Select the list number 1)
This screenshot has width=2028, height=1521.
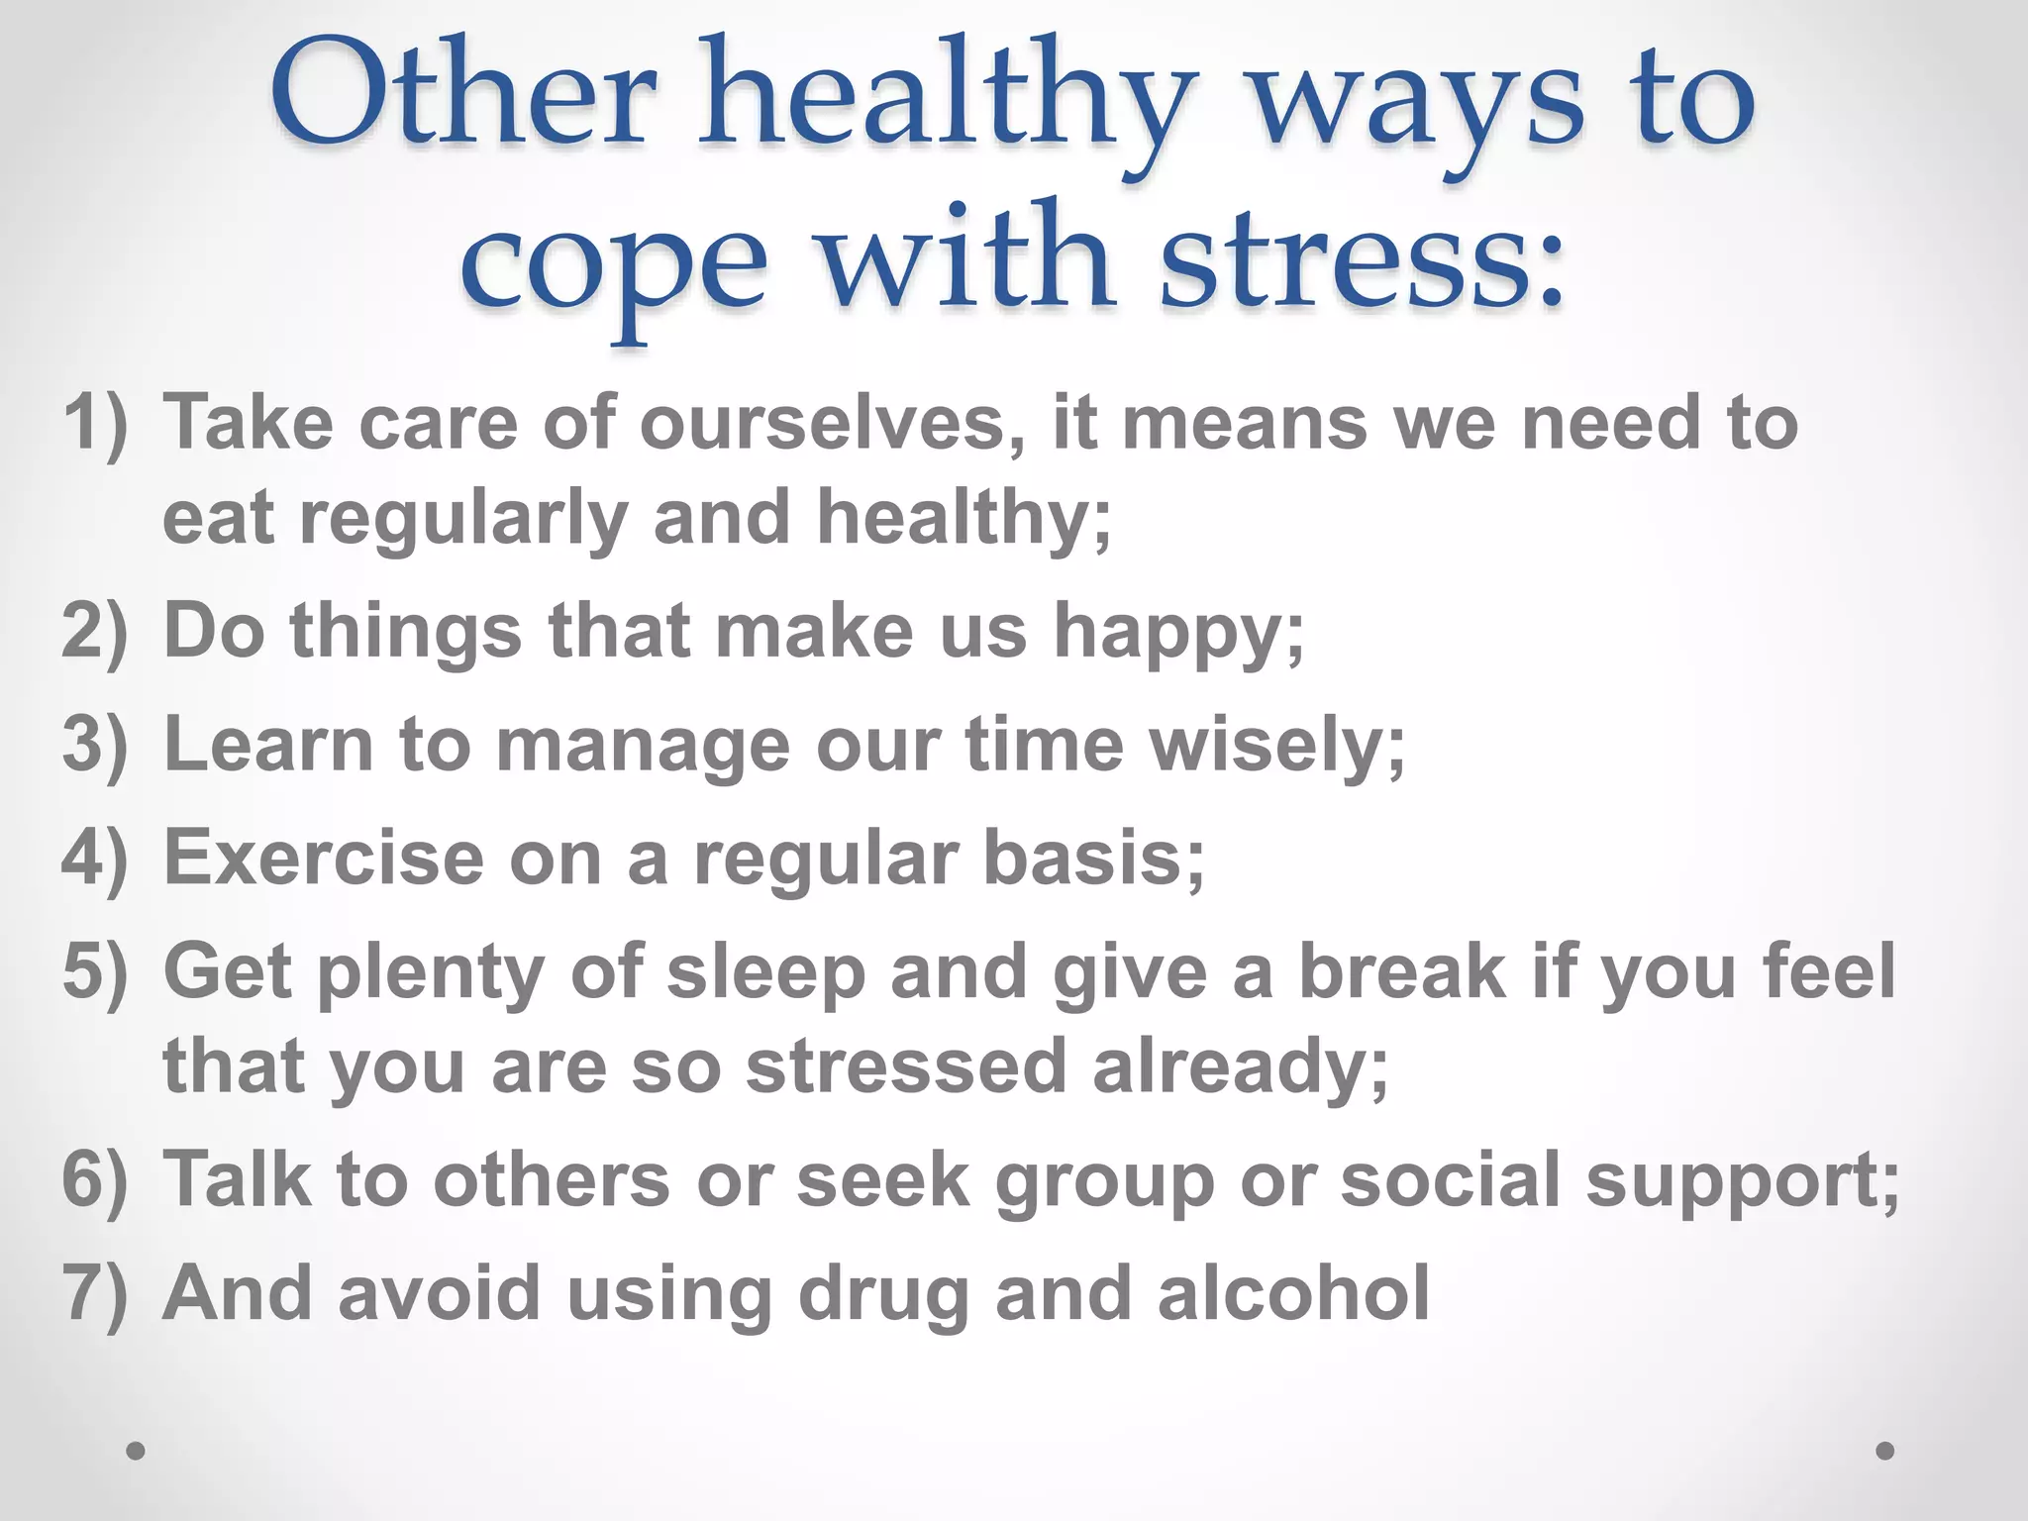95,424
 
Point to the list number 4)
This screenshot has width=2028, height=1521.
95,858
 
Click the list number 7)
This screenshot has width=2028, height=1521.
95,1293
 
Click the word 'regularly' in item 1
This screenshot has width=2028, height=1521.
464,519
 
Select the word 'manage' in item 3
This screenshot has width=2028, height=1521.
643,747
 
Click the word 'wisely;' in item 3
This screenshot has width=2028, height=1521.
1276,747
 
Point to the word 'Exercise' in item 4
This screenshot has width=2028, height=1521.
324,858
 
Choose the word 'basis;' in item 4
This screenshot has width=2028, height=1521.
1093,858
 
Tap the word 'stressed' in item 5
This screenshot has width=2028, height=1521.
905,1066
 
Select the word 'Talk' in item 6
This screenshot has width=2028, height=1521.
237,1179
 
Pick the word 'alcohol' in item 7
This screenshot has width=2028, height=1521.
1293,1293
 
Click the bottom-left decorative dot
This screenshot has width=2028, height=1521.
137,1451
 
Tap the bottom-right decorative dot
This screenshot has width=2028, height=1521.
1885,1451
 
